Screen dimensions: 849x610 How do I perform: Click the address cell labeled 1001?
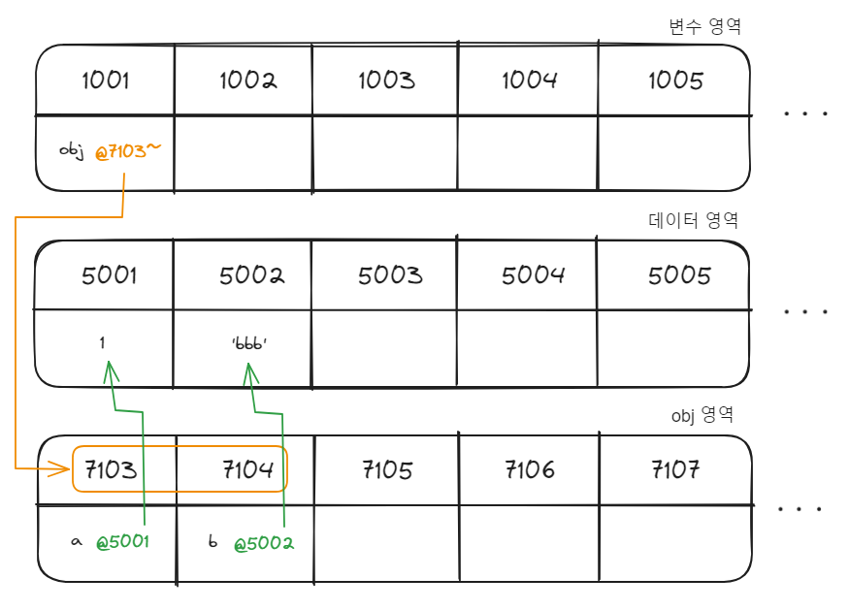click(105, 80)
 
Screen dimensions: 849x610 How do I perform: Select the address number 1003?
click(386, 80)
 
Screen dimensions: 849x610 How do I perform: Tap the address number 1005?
click(675, 80)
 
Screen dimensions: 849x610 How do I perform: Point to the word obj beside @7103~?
click(73, 152)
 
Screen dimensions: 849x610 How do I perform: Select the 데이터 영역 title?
click(693, 220)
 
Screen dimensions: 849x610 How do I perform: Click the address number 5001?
click(109, 275)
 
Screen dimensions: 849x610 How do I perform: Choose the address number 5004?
click(533, 275)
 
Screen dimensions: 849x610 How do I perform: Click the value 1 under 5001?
click(102, 342)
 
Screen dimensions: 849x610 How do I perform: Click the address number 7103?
click(110, 470)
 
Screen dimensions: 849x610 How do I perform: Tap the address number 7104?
click(247, 470)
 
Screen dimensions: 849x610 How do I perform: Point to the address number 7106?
click(530, 470)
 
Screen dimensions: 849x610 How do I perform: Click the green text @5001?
click(122, 542)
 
